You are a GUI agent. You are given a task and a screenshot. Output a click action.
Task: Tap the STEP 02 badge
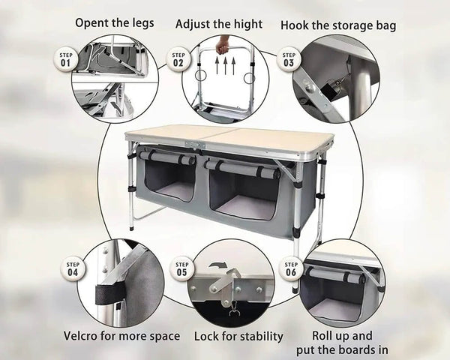[x=178, y=59]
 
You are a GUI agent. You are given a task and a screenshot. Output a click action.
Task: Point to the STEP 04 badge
[x=73, y=268]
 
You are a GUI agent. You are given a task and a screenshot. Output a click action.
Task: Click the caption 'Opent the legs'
[x=115, y=22]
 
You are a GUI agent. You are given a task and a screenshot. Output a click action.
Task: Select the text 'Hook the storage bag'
[x=338, y=25]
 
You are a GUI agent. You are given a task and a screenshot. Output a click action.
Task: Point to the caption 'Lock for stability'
[x=238, y=336]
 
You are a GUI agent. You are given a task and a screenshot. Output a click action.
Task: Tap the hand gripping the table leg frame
[x=221, y=46]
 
